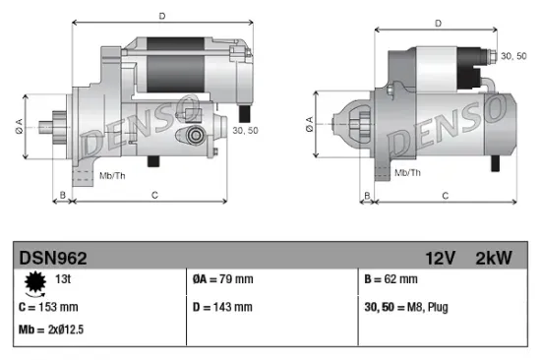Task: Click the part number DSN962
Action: click(x=54, y=259)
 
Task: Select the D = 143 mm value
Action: click(x=222, y=307)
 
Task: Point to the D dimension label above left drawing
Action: click(x=161, y=15)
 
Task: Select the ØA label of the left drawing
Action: click(x=19, y=125)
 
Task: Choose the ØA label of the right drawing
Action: click(x=309, y=123)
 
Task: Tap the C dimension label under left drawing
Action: click(x=155, y=196)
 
